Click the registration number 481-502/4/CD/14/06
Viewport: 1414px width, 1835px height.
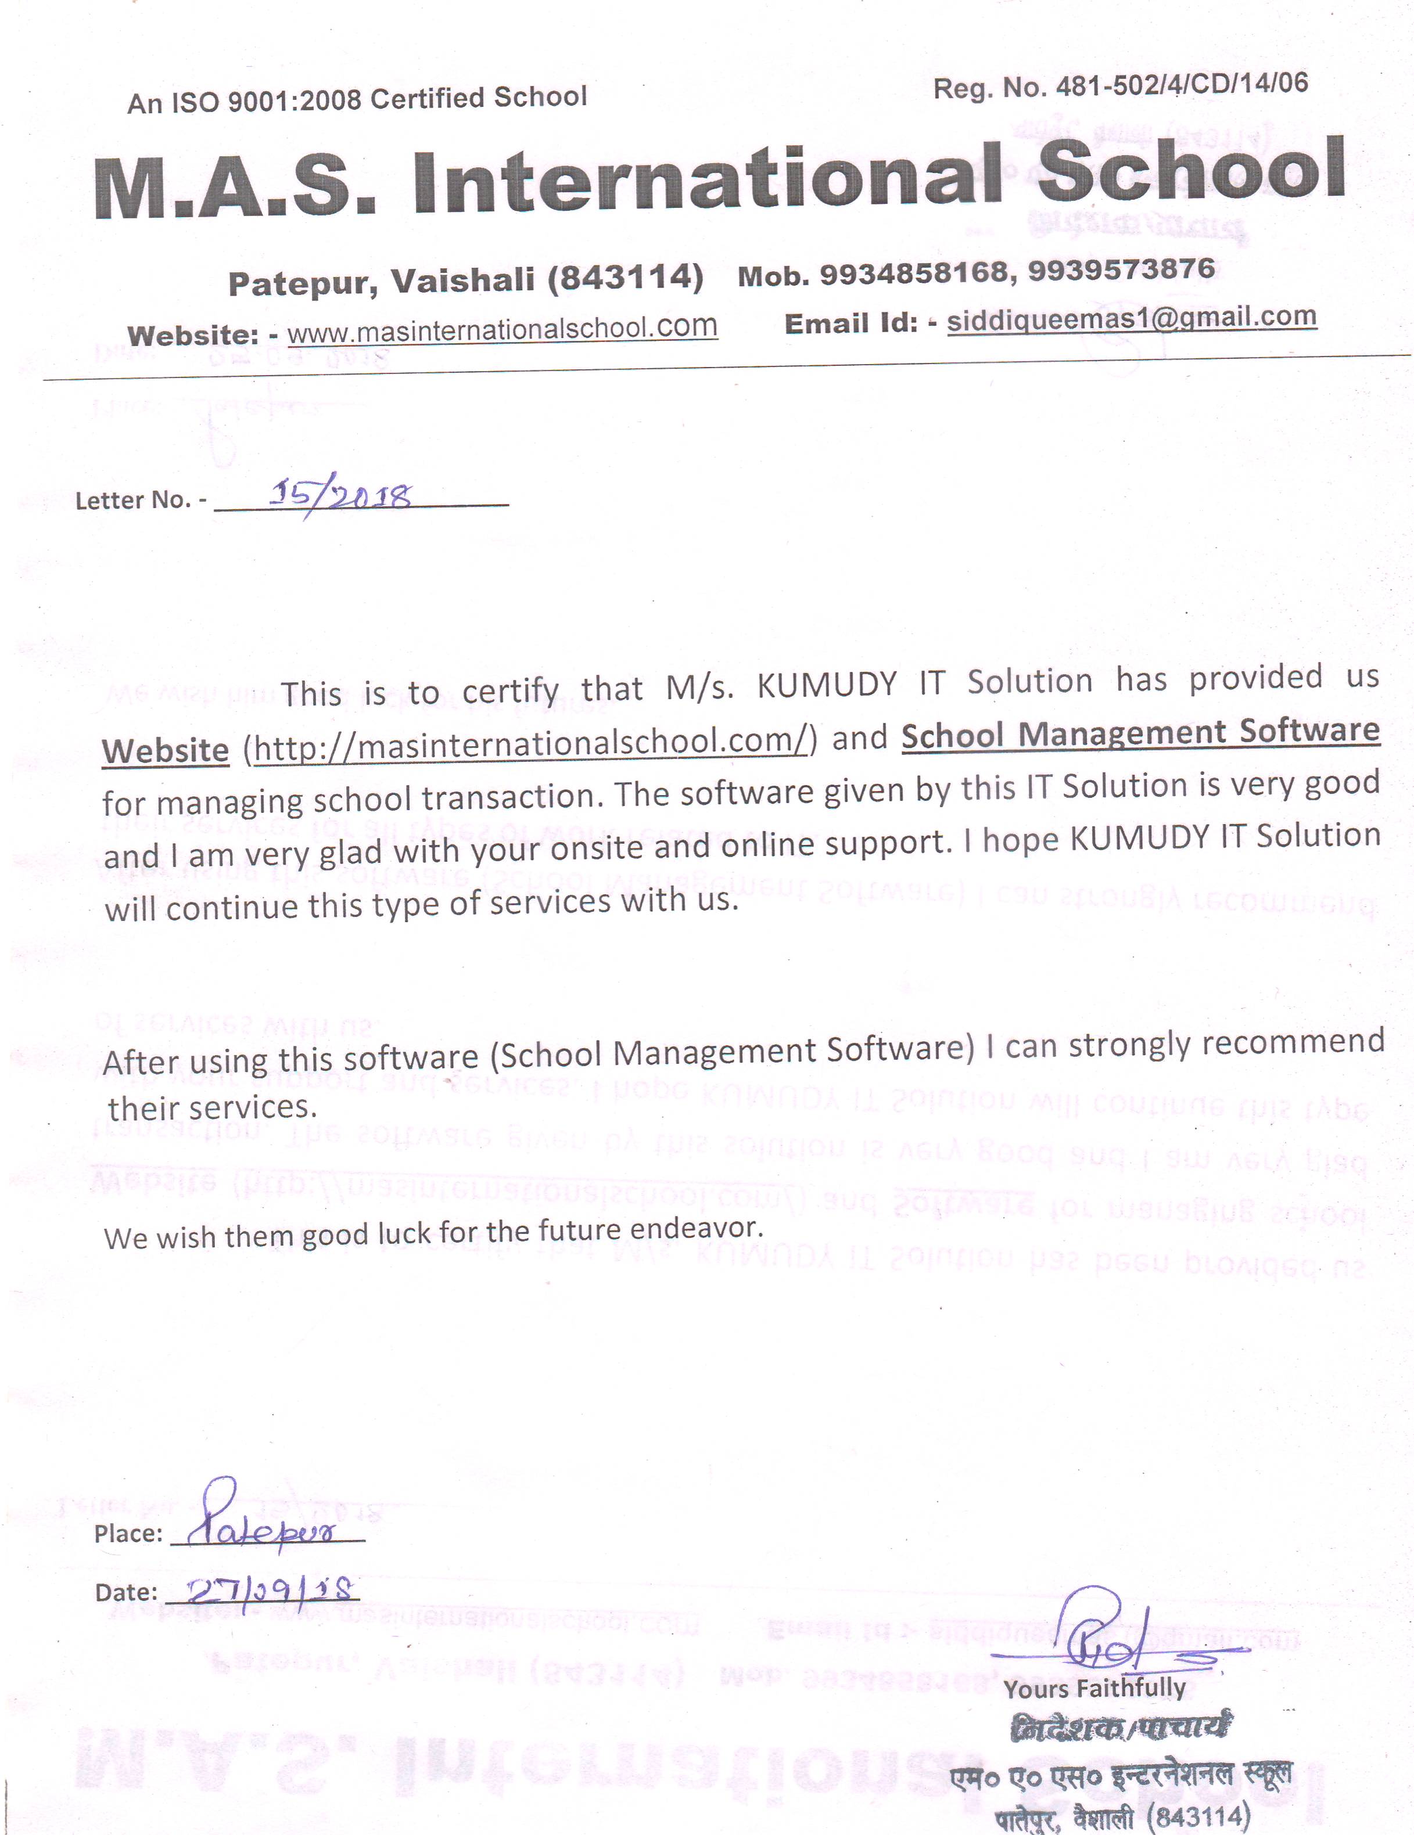point(1181,84)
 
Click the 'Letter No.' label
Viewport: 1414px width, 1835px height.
point(135,501)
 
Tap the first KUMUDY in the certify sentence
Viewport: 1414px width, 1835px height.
point(826,684)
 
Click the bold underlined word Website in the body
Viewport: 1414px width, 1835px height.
point(166,750)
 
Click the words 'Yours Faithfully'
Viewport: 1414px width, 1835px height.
point(1094,1688)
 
